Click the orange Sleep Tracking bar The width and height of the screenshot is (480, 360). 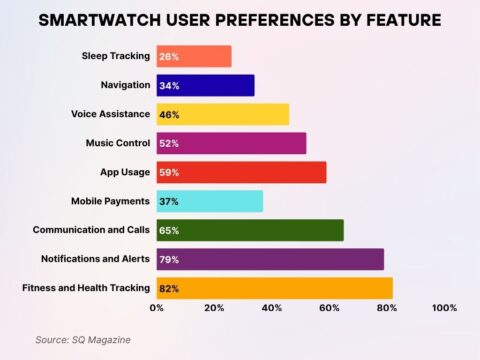pos(194,57)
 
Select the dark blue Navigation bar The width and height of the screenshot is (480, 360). pos(205,86)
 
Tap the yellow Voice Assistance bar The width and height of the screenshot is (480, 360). pos(222,115)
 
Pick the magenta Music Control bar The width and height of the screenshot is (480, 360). pos(231,144)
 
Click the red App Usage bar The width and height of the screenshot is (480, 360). pos(241,173)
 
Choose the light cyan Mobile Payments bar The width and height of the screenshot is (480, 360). pos(209,201)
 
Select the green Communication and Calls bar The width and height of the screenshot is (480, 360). pos(250,230)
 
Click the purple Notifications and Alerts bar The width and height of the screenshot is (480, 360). pos(270,259)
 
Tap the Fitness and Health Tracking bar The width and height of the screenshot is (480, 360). pos(275,288)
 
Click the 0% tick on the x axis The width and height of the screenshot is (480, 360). pos(157,308)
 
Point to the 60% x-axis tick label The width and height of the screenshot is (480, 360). pos(329,308)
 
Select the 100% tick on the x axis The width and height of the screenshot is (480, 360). pos(443,308)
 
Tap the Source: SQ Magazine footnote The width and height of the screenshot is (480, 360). pos(82,340)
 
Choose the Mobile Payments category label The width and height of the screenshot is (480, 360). pos(110,201)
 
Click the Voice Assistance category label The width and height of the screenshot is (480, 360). pos(110,115)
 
